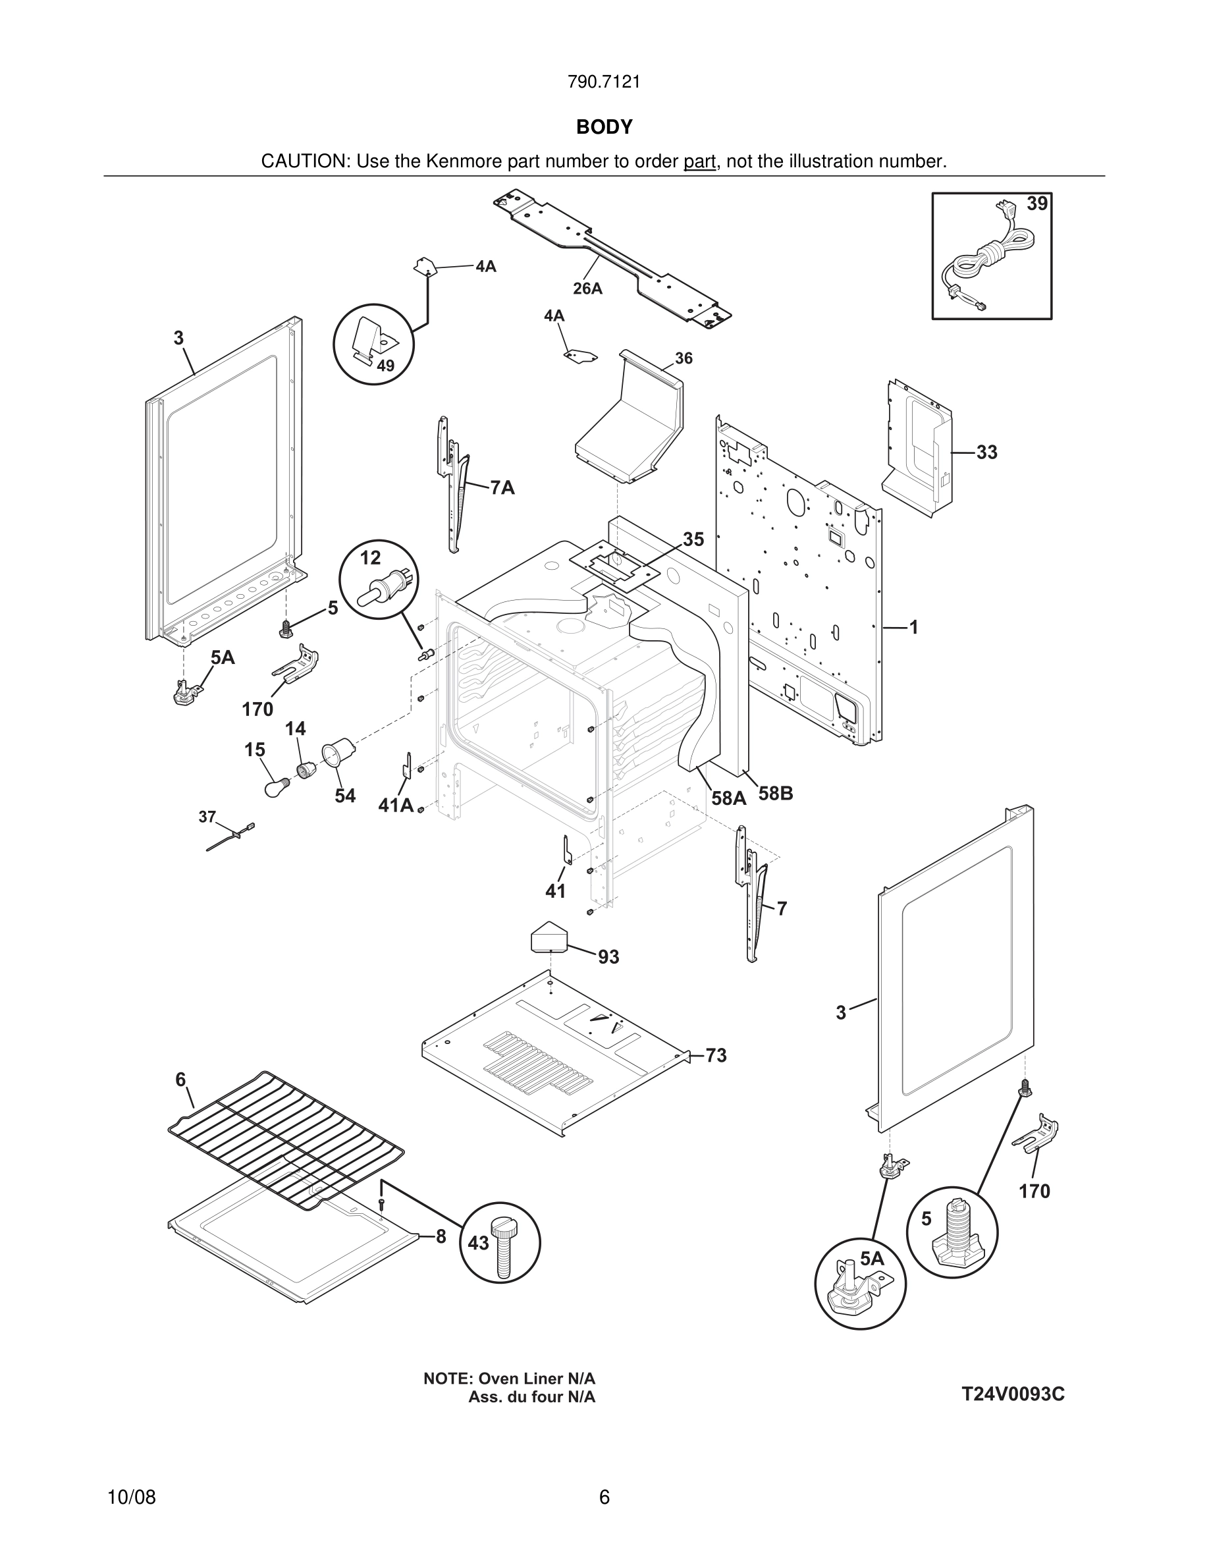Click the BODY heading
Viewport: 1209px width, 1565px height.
604,127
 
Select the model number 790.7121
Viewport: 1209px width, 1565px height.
604,82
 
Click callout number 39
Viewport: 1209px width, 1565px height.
1036,204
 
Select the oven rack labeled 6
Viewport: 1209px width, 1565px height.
286,1139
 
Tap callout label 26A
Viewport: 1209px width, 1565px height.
587,288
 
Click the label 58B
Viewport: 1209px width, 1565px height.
776,794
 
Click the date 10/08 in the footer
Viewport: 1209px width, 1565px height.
132,1497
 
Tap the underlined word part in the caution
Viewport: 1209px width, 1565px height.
699,162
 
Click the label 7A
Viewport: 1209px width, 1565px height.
503,488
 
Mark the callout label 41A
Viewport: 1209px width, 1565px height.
396,806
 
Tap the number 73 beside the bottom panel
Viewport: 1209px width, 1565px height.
716,1055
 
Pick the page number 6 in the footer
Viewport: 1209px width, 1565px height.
604,1497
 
